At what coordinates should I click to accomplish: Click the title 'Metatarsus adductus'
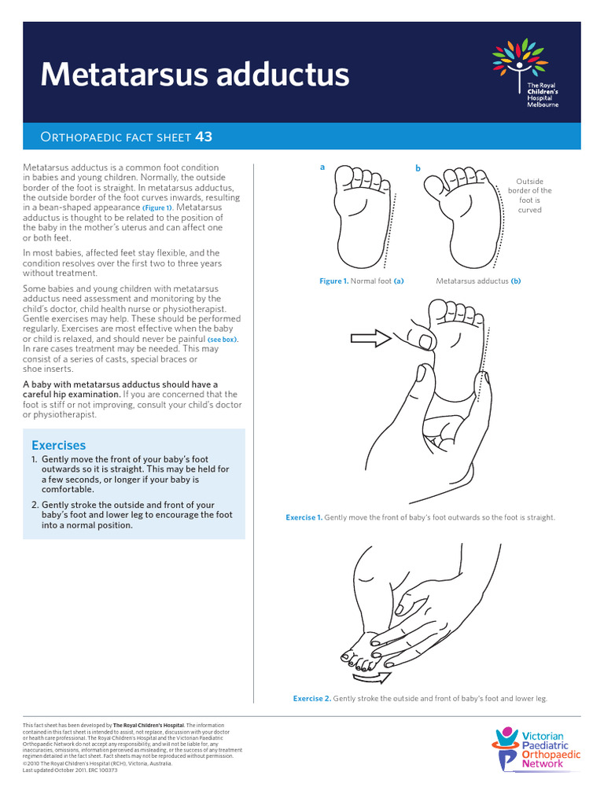point(194,75)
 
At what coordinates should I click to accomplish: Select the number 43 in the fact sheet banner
point(204,138)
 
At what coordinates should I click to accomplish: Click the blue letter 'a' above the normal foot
point(322,167)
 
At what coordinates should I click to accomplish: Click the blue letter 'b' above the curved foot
point(418,169)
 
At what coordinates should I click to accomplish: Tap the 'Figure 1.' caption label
point(333,281)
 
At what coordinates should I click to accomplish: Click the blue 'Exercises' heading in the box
point(59,446)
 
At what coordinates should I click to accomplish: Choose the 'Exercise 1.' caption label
point(304,518)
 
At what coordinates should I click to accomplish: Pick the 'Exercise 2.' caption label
point(311,698)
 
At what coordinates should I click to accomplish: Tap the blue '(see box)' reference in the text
point(223,340)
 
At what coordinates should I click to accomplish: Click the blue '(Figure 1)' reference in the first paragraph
point(157,208)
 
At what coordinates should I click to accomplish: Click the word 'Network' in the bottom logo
point(543,763)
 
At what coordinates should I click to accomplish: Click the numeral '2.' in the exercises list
point(35,505)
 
